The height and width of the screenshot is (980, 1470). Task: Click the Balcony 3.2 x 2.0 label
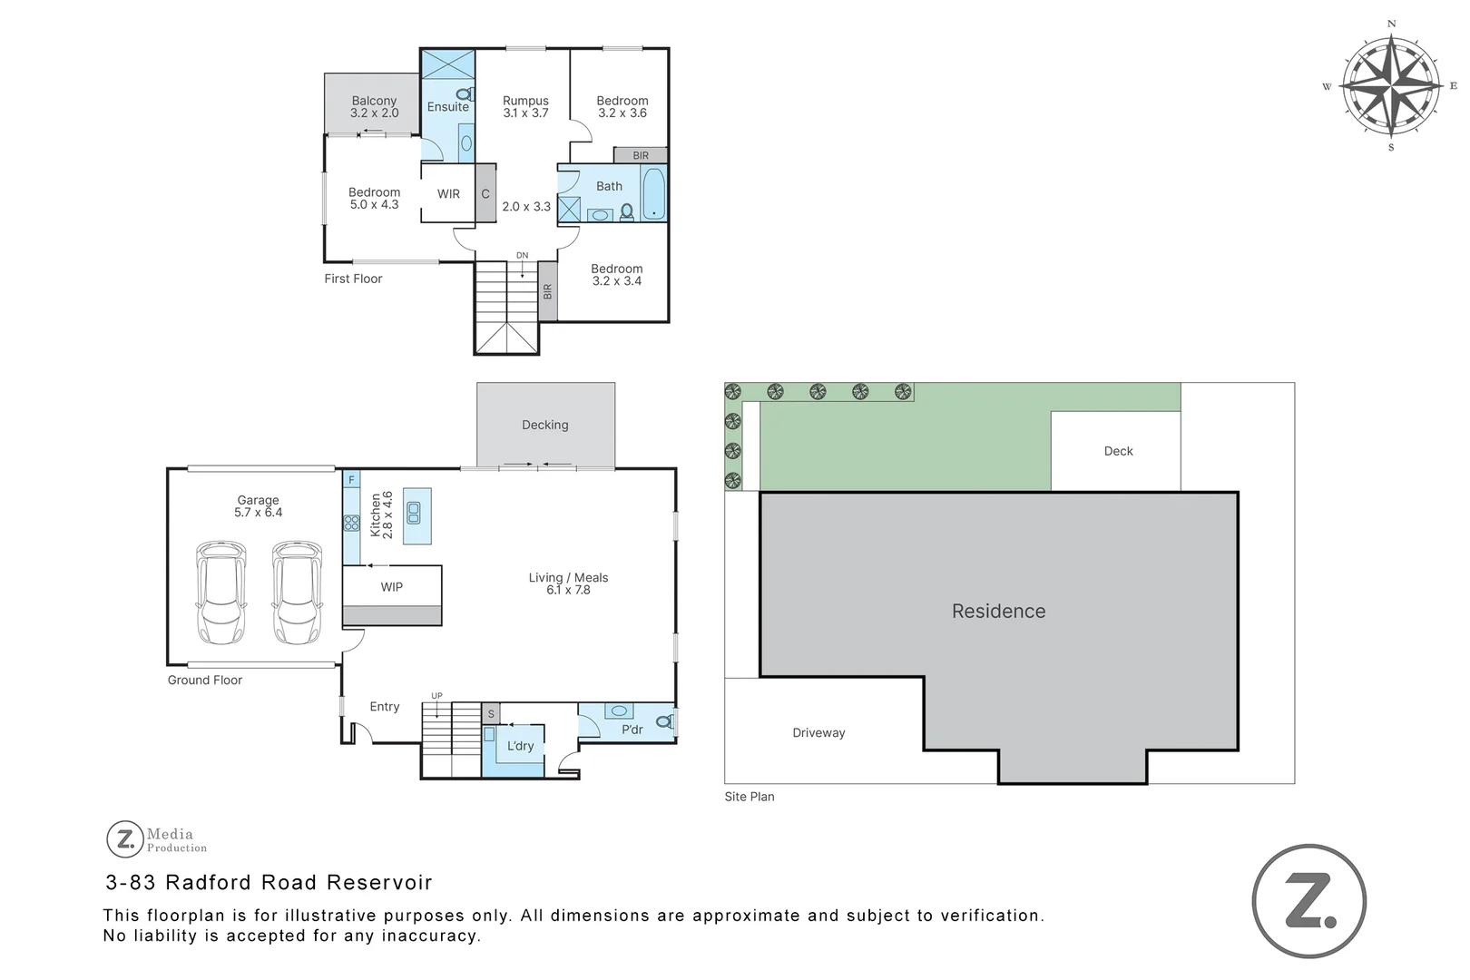click(x=374, y=107)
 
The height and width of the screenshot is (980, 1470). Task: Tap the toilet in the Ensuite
click(x=465, y=93)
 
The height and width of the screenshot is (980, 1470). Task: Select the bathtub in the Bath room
click(x=653, y=194)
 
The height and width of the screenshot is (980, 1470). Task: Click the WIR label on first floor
click(x=448, y=194)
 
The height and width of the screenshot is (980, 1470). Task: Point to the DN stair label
click(x=522, y=256)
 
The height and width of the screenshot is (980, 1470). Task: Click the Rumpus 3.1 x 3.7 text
click(x=526, y=107)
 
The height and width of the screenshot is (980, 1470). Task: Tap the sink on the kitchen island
click(x=414, y=514)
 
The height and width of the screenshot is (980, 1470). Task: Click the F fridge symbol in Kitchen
click(x=351, y=479)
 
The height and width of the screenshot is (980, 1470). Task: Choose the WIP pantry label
click(x=391, y=587)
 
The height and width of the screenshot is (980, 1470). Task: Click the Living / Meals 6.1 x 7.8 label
click(x=568, y=583)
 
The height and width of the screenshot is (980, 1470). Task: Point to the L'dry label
click(x=520, y=746)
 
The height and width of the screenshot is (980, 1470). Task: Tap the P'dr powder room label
click(x=632, y=730)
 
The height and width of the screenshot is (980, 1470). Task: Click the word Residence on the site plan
click(x=998, y=612)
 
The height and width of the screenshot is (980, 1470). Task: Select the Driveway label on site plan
click(x=818, y=733)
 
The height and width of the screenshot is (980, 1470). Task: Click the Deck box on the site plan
click(x=1117, y=451)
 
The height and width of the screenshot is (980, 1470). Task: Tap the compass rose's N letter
click(x=1391, y=24)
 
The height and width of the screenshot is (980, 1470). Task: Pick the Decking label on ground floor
click(x=544, y=425)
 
